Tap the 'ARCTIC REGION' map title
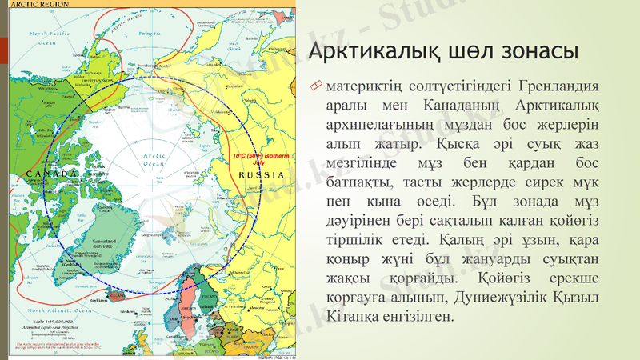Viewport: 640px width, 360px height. (x=34, y=4)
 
